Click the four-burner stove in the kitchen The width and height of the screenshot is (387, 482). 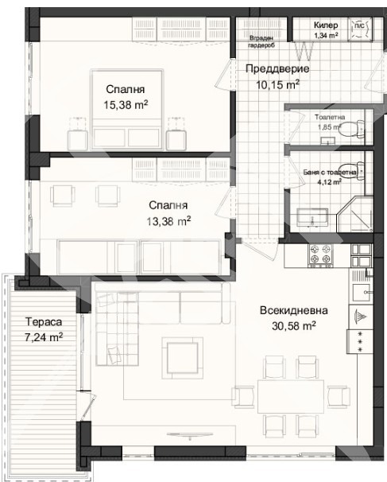pos(321,255)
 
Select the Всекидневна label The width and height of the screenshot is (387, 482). pos(292,311)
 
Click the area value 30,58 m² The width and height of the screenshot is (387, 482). pos(292,325)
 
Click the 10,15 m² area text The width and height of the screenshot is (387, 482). pos(272,84)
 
